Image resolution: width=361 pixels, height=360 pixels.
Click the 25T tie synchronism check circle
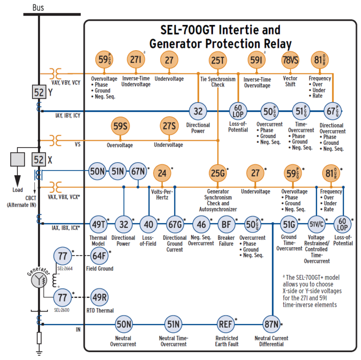pos(218,60)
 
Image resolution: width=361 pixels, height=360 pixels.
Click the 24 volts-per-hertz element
pos(162,173)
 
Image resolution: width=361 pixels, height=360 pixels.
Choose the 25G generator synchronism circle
pos(218,173)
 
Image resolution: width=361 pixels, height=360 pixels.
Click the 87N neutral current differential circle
pos(272,324)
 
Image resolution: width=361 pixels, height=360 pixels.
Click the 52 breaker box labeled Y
pos(39,92)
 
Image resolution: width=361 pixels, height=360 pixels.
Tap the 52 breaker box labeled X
pos(39,159)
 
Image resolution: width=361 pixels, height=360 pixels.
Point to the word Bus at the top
pos(39,8)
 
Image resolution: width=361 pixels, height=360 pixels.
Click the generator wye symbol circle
pos(38,281)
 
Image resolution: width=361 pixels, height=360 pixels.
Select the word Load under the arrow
pos(17,190)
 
